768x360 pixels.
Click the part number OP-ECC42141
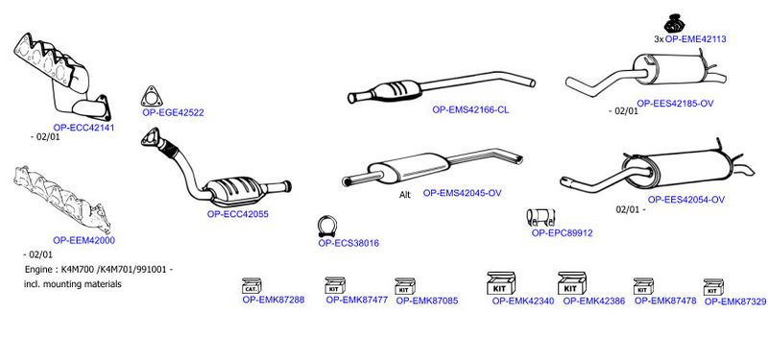pos(84,128)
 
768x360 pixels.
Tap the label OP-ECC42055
pos(237,214)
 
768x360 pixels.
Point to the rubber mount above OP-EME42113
pos(674,23)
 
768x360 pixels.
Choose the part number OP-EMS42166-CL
pos(470,110)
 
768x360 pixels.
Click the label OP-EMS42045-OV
pos(463,194)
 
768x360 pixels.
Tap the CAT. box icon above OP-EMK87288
pos(252,285)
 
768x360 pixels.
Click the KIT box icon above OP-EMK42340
pos(500,283)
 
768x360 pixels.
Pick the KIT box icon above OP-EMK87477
pos(335,285)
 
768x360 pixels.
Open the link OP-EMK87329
pos(735,302)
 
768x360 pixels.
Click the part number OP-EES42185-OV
pos(675,104)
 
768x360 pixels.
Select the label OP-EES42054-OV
pos(686,200)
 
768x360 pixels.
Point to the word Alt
pos(405,195)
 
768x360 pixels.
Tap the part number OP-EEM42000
pos(84,241)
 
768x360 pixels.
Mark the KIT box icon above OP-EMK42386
pos(572,283)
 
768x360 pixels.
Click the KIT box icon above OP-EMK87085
pos(405,286)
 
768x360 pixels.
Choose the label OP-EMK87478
pos(665,300)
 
